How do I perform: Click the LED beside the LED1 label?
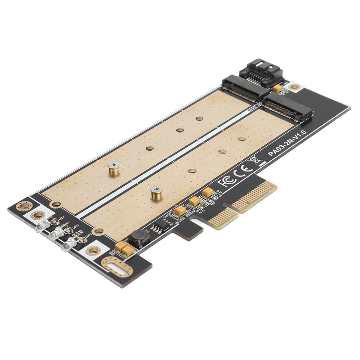point(42,226)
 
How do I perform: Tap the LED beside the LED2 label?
point(56,234)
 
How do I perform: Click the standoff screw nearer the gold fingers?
point(156,193)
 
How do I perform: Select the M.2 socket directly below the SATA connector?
point(243,88)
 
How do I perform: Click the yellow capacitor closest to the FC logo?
point(207,193)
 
